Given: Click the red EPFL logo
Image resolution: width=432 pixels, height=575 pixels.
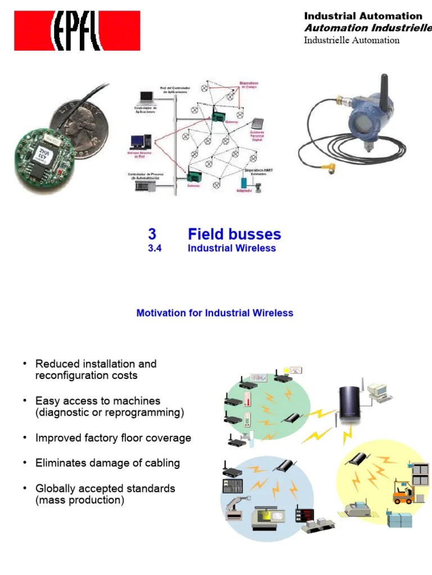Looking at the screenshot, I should (77, 31).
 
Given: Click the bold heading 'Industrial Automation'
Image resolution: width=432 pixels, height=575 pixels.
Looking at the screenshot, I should (363, 16).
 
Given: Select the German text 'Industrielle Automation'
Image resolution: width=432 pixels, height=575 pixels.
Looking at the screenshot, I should (352, 40).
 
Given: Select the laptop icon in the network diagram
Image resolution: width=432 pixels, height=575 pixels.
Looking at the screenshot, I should (146, 98).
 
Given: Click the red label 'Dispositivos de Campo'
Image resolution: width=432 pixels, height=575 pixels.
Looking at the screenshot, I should (249, 85).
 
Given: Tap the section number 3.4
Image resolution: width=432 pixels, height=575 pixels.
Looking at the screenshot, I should (155, 248).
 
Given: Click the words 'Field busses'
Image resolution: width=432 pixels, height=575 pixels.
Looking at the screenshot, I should (234, 234).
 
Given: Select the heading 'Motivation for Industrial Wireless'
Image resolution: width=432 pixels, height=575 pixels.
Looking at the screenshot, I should (214, 313).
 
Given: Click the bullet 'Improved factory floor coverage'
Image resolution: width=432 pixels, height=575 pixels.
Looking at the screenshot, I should (113, 438).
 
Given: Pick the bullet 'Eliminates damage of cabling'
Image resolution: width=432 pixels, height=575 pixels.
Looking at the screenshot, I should (107, 463).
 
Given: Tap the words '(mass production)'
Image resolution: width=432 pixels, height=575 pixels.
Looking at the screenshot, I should (79, 500).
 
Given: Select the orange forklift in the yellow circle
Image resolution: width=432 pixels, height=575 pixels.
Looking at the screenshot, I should (403, 492).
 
